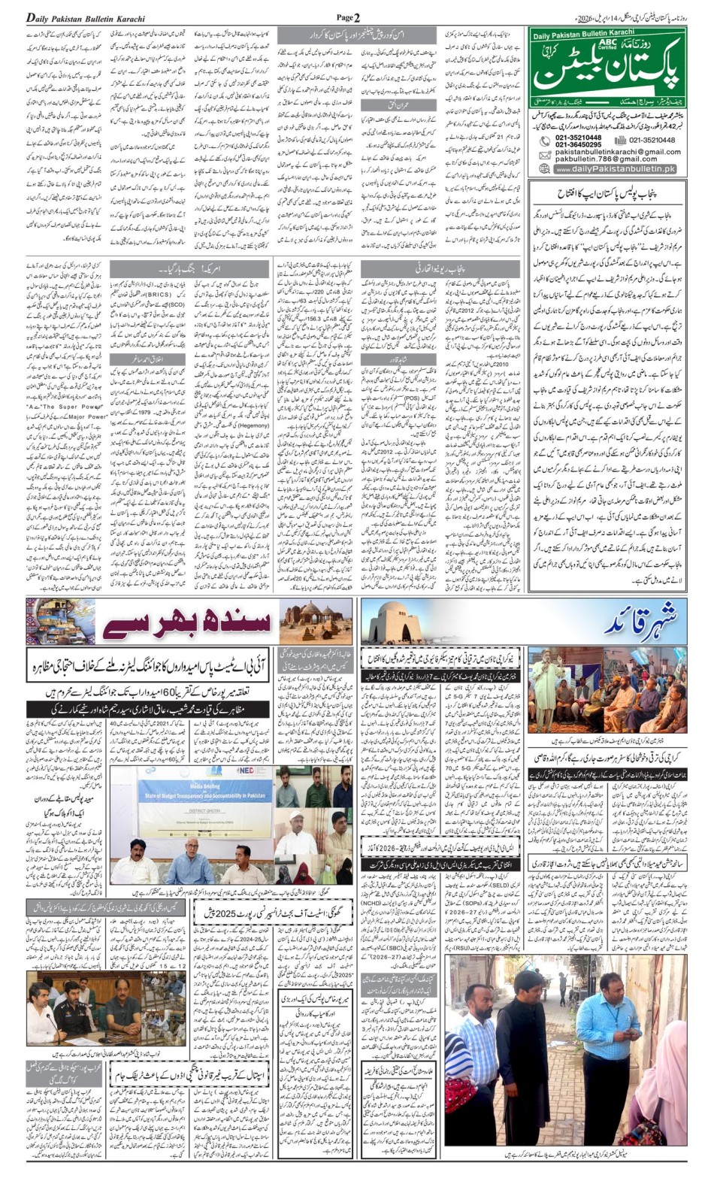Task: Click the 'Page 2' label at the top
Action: [x=348, y=17]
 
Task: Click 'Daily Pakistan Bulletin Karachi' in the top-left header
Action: [x=77, y=17]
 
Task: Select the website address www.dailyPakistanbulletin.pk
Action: [x=616, y=169]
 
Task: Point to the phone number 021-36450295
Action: [x=578, y=144]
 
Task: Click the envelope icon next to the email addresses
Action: [x=545, y=155]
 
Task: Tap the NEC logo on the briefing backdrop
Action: [x=246, y=771]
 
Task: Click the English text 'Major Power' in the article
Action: [x=88, y=416]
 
